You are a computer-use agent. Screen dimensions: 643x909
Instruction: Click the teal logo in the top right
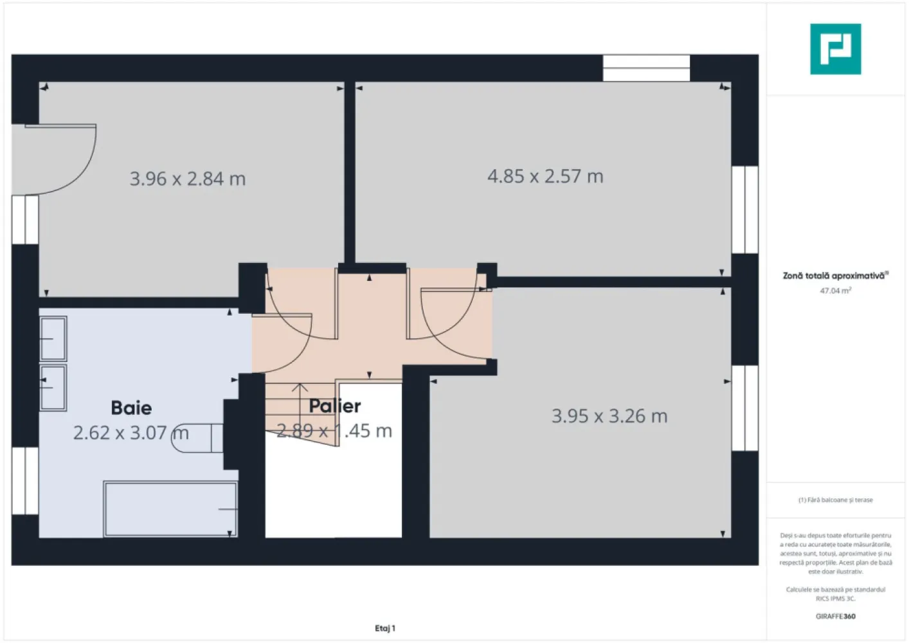tap(835, 49)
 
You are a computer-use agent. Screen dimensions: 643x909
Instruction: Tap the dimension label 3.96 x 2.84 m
tap(188, 179)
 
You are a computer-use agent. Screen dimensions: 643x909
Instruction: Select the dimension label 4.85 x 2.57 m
tap(545, 176)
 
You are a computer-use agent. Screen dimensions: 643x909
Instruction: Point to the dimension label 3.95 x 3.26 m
tap(609, 416)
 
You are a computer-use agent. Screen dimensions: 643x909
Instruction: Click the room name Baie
tap(131, 408)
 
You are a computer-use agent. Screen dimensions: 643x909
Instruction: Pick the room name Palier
tap(334, 406)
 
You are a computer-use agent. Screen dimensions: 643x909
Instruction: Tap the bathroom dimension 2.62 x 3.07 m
tap(130, 433)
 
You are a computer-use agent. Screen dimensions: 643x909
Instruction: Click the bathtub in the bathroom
tap(170, 508)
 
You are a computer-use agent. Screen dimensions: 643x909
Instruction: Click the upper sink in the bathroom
tap(53, 338)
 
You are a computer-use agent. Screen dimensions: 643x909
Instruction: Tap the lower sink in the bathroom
tap(53, 387)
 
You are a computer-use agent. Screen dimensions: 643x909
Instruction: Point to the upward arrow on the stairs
tap(300, 405)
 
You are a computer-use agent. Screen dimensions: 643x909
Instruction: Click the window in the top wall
tap(646, 68)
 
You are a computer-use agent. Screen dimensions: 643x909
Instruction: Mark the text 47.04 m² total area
tap(835, 291)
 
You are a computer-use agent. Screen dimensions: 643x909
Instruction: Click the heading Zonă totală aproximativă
tap(835, 276)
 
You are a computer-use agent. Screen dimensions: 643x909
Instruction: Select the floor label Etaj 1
tap(385, 628)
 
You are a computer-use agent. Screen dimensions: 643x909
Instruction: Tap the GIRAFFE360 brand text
tap(835, 616)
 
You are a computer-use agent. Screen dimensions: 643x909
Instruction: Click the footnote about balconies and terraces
tap(835, 500)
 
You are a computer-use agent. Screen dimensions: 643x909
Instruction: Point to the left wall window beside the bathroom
tap(25, 480)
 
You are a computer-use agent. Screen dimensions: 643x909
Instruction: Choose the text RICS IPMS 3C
tap(835, 599)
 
